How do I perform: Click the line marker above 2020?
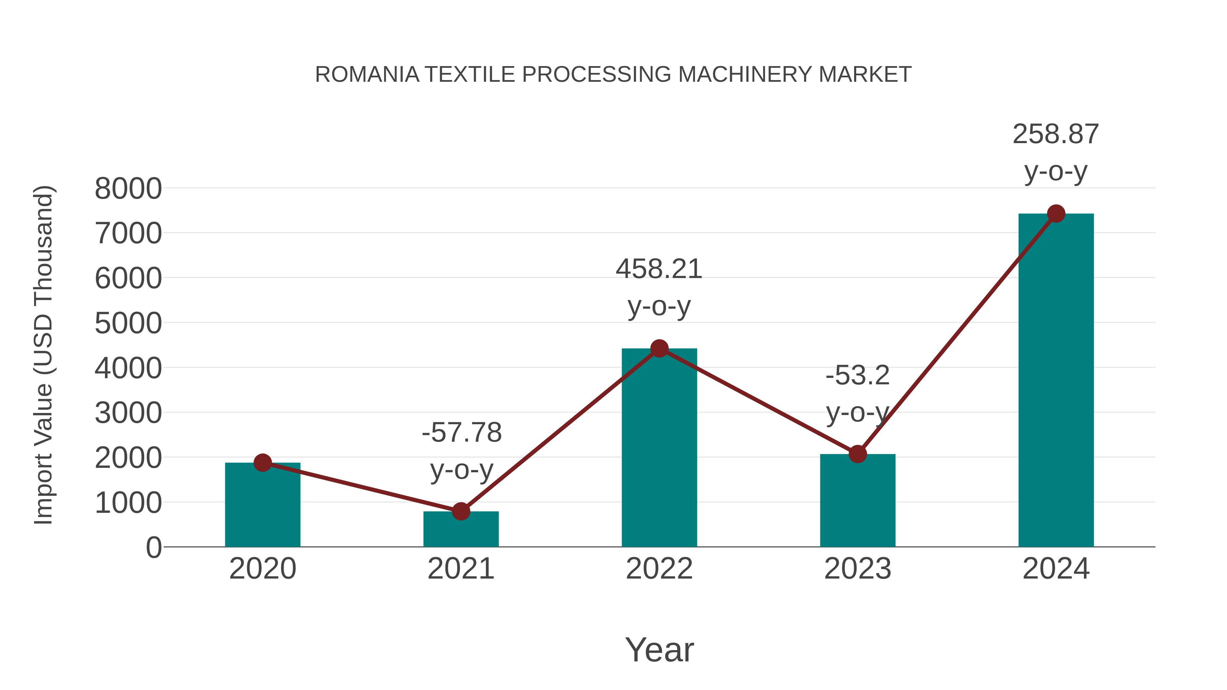[262, 462]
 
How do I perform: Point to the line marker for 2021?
[460, 511]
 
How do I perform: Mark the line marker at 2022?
[659, 349]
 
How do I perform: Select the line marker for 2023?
[858, 454]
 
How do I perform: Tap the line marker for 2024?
[1056, 214]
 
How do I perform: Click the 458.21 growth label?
[659, 269]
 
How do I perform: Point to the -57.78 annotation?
[461, 433]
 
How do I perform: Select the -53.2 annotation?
[858, 376]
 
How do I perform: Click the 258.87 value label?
[1056, 134]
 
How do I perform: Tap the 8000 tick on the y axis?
[128, 189]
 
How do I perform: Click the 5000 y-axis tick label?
[128, 324]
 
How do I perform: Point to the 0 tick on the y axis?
[153, 548]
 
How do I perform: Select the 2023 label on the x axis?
[858, 569]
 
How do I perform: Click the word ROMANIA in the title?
[367, 75]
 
